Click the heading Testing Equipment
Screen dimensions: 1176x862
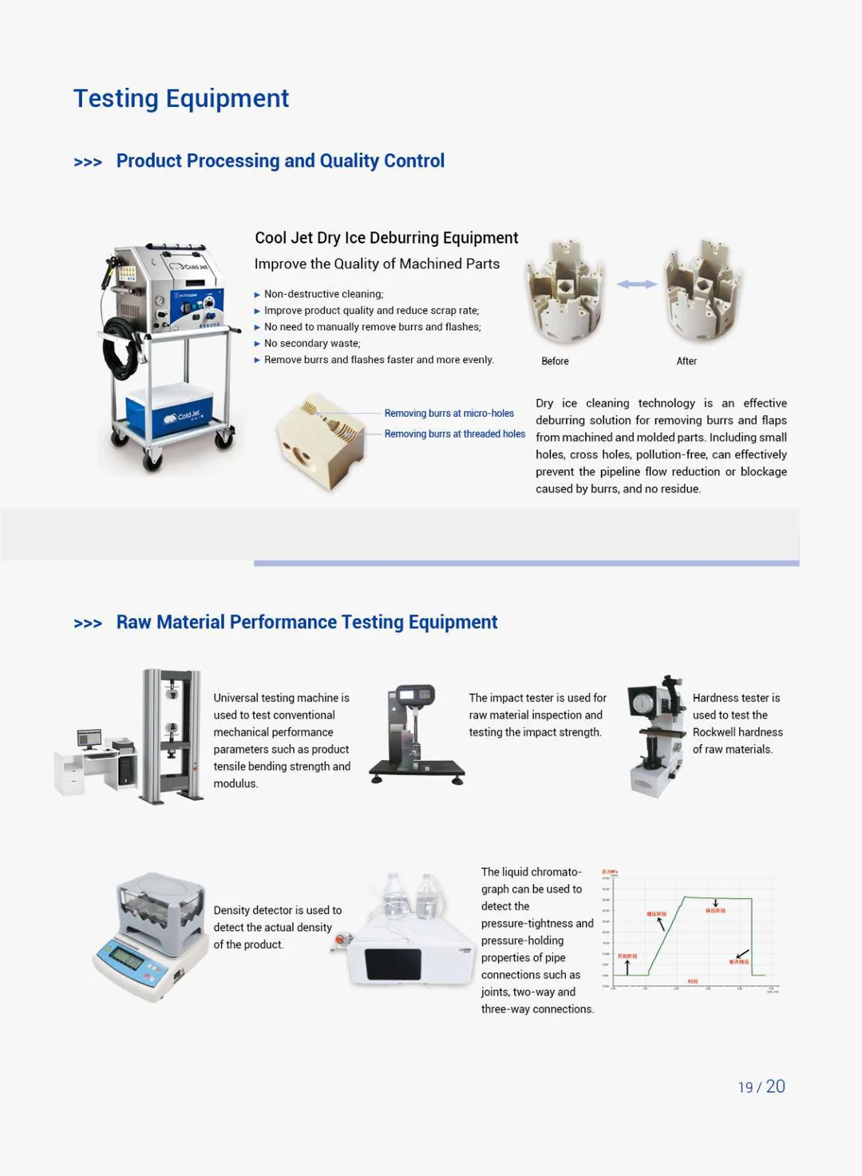181,98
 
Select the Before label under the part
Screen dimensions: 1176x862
555,361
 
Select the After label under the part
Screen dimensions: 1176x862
686,361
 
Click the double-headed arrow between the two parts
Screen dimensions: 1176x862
636,284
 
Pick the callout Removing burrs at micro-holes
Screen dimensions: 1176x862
449,413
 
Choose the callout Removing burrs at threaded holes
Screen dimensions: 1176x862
454,434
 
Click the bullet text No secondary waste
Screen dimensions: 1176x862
312,343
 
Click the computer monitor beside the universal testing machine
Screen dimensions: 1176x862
89,738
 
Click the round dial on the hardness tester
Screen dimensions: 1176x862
643,703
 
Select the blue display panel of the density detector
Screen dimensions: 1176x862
127,956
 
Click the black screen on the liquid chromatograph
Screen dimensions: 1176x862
393,964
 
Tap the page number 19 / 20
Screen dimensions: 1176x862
761,1087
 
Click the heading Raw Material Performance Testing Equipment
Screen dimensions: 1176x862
306,622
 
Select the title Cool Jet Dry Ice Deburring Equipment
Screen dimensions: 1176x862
386,238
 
